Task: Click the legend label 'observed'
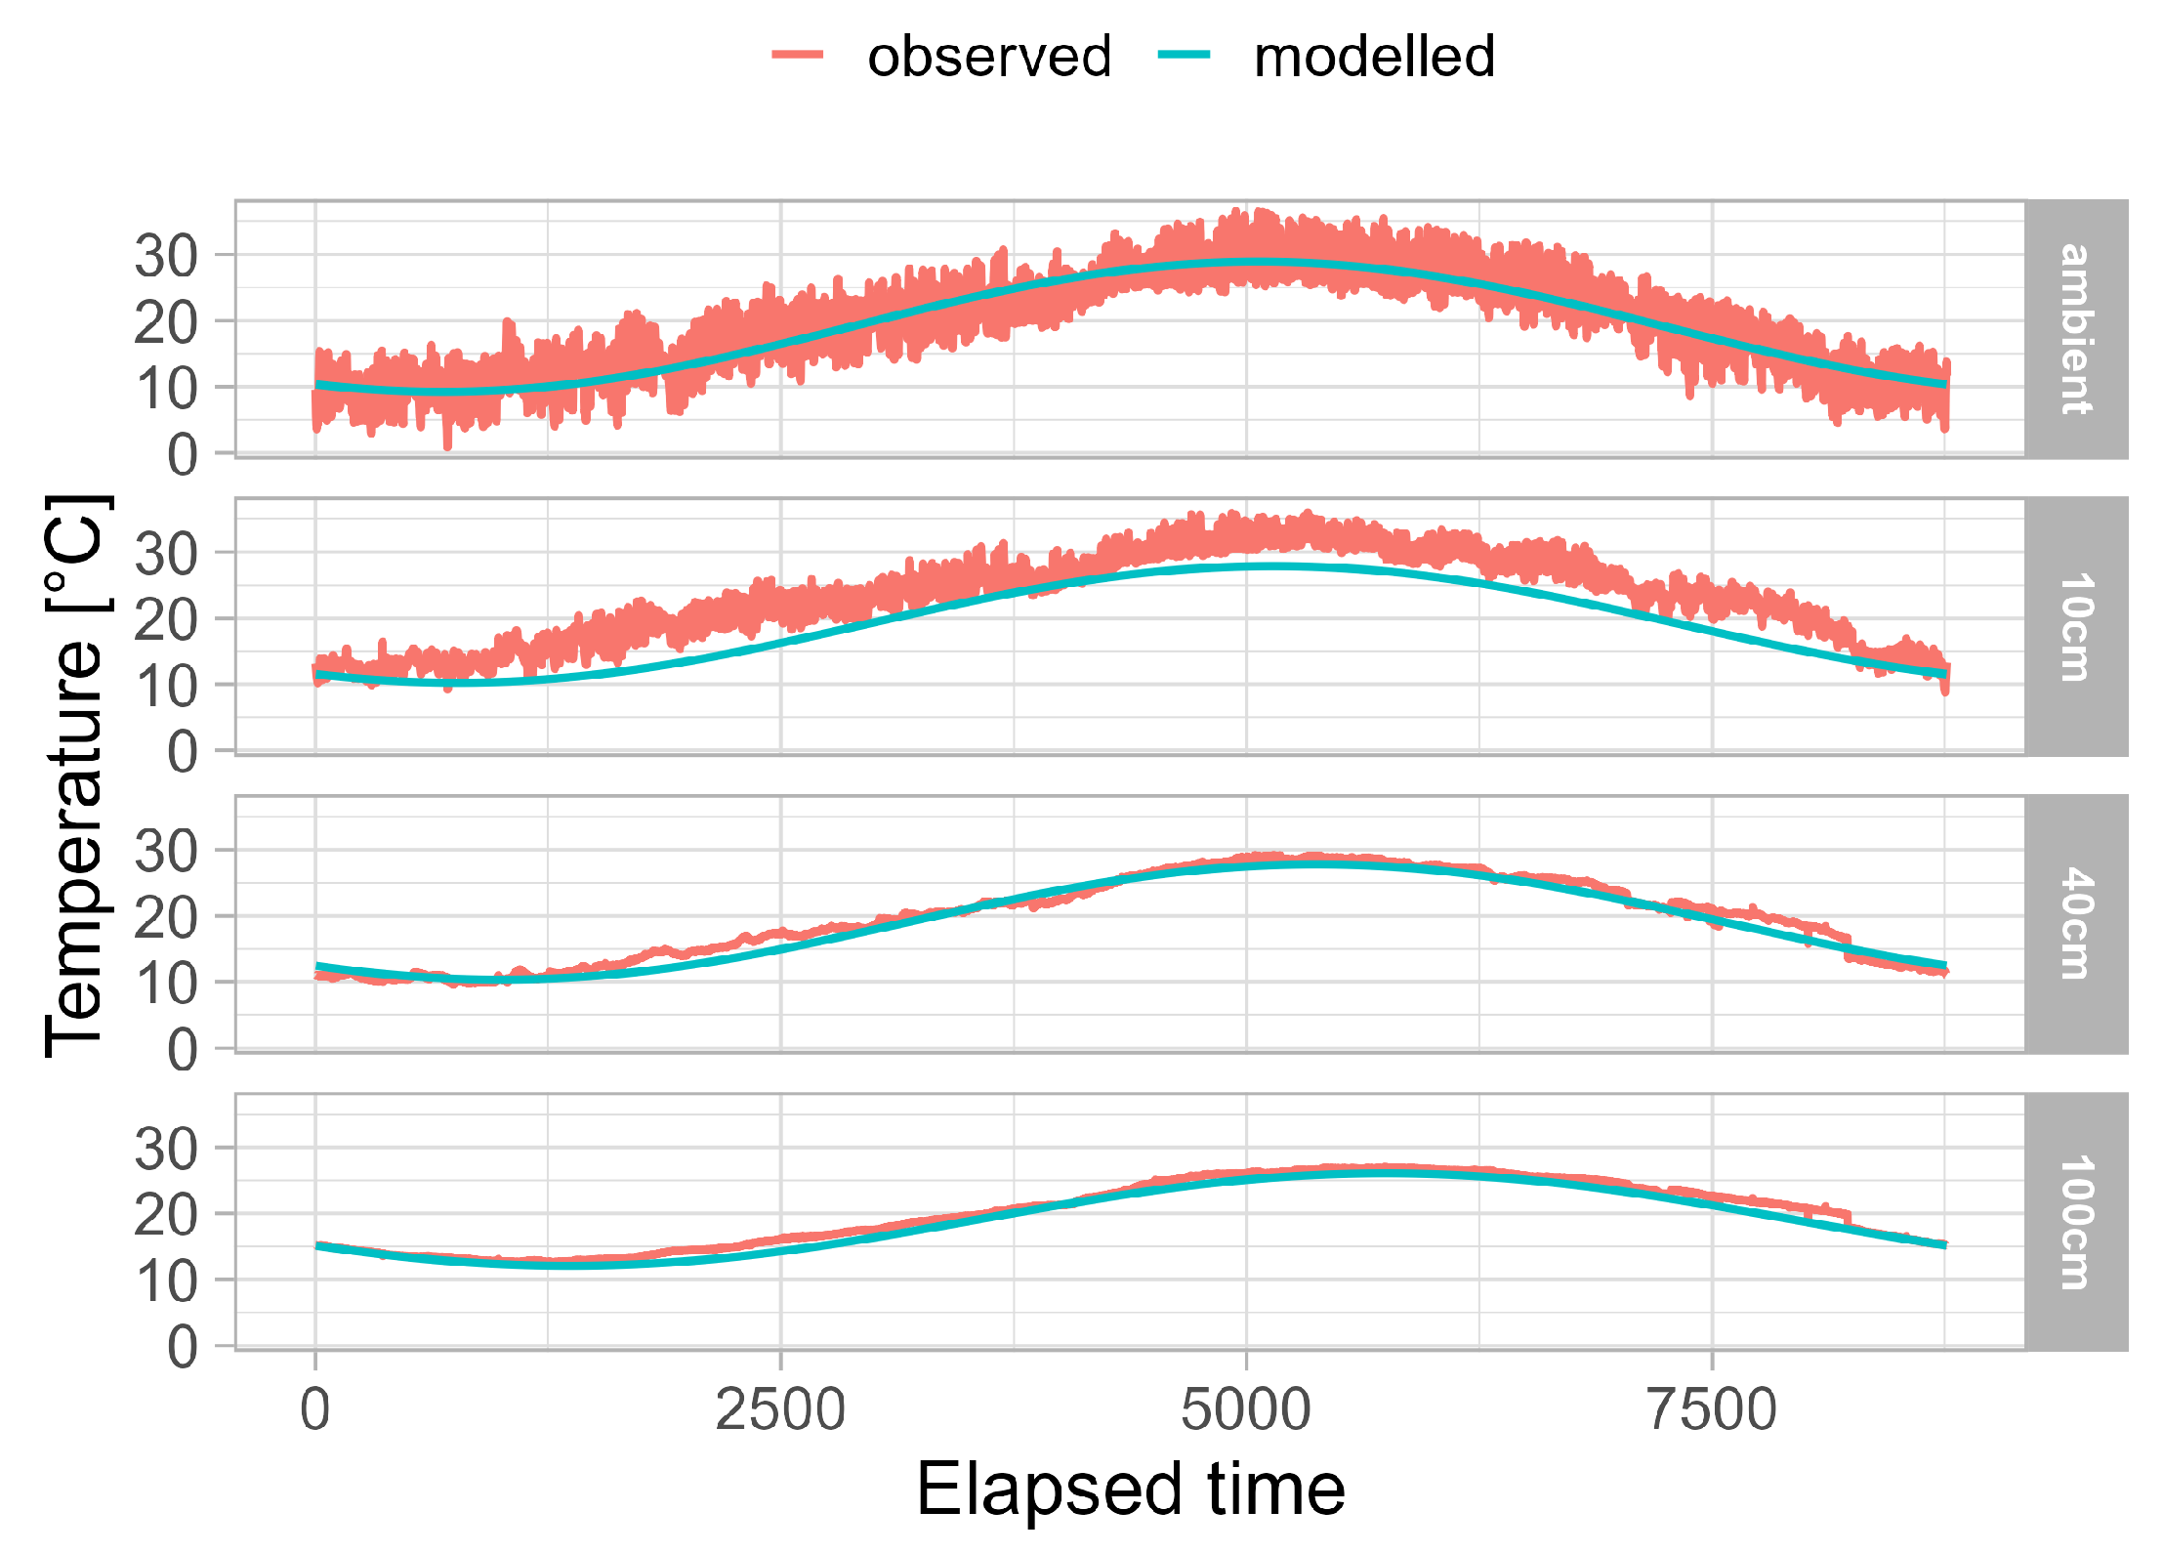coord(988,57)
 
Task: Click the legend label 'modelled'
coord(1373,57)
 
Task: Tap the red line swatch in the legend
coord(798,55)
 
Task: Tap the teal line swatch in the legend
coord(1184,55)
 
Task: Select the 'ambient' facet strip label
coord(2075,329)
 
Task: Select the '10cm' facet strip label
coord(2075,627)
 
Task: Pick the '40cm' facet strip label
coord(2075,924)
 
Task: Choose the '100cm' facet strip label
coord(2075,1222)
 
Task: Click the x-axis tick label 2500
coord(780,1410)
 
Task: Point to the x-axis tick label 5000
coord(1246,1410)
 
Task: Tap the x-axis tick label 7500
coord(1712,1410)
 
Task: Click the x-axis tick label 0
coord(314,1410)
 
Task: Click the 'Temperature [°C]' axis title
coord(76,776)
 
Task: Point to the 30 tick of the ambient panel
coord(166,257)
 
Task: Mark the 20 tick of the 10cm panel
coord(166,620)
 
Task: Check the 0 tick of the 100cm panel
coord(182,1348)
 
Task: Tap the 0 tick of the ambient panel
coord(182,455)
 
